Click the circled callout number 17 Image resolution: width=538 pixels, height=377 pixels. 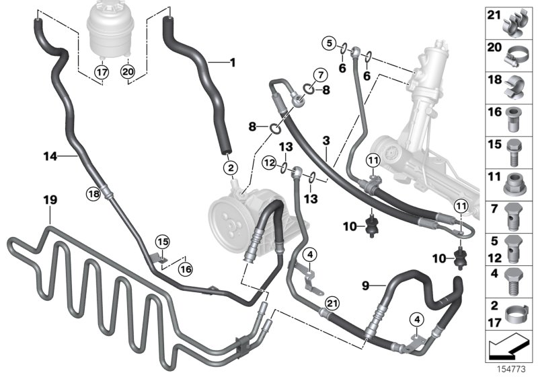click(x=101, y=70)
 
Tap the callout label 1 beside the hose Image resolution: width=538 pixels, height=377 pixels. click(x=233, y=64)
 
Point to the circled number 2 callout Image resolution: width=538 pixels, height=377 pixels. click(x=231, y=167)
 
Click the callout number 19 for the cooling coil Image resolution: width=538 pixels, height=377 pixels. click(x=51, y=201)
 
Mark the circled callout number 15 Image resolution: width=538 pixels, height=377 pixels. click(x=161, y=241)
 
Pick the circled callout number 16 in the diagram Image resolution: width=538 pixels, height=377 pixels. click(x=185, y=268)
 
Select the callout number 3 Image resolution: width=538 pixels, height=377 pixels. click(x=326, y=141)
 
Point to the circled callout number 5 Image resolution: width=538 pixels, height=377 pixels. click(x=329, y=45)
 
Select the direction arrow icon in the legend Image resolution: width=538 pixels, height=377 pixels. click(x=508, y=349)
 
